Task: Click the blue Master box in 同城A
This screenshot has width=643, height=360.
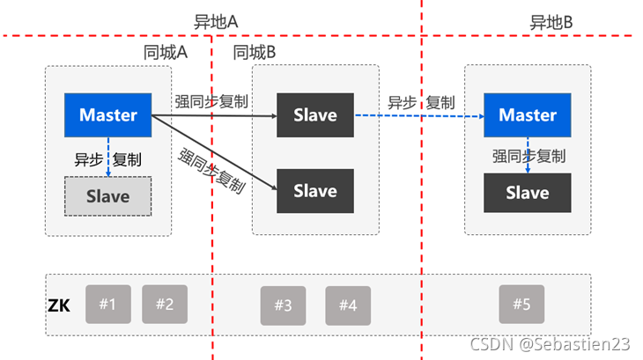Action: [x=108, y=114]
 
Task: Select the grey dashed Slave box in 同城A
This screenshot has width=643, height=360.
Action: [x=108, y=197]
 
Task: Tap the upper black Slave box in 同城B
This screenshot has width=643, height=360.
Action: [x=315, y=114]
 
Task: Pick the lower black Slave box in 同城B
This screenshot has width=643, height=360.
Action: [x=315, y=190]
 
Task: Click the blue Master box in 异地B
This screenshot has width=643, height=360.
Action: [x=528, y=114]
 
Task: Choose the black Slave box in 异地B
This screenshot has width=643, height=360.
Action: [x=528, y=193]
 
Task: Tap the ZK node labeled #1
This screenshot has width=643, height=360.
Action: [x=107, y=304]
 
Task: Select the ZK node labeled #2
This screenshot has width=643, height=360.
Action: [x=165, y=304]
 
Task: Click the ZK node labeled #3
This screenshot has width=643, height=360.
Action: [x=283, y=305]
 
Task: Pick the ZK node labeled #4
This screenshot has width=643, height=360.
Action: [x=348, y=305]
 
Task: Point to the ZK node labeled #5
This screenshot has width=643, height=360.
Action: [x=521, y=304]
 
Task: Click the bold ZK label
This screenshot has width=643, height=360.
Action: [x=59, y=307]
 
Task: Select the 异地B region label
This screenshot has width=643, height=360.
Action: [x=552, y=22]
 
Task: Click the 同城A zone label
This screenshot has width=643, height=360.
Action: [x=166, y=52]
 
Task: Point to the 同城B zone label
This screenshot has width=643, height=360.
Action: [x=255, y=52]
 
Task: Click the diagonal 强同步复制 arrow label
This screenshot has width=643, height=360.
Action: [x=211, y=171]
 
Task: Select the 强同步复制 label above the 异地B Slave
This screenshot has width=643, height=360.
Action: [x=528, y=156]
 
